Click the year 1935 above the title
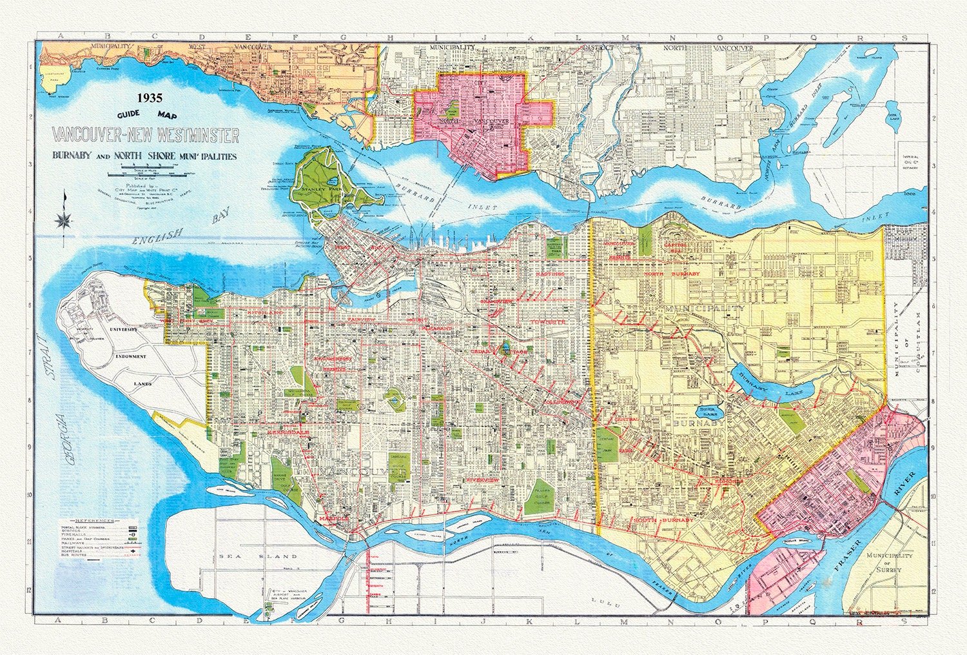click(x=150, y=99)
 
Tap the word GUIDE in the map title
click(x=128, y=116)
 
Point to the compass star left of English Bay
click(x=64, y=220)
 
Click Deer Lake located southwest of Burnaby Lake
click(x=709, y=409)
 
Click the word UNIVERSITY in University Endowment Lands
click(x=126, y=330)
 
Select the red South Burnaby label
click(x=664, y=520)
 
